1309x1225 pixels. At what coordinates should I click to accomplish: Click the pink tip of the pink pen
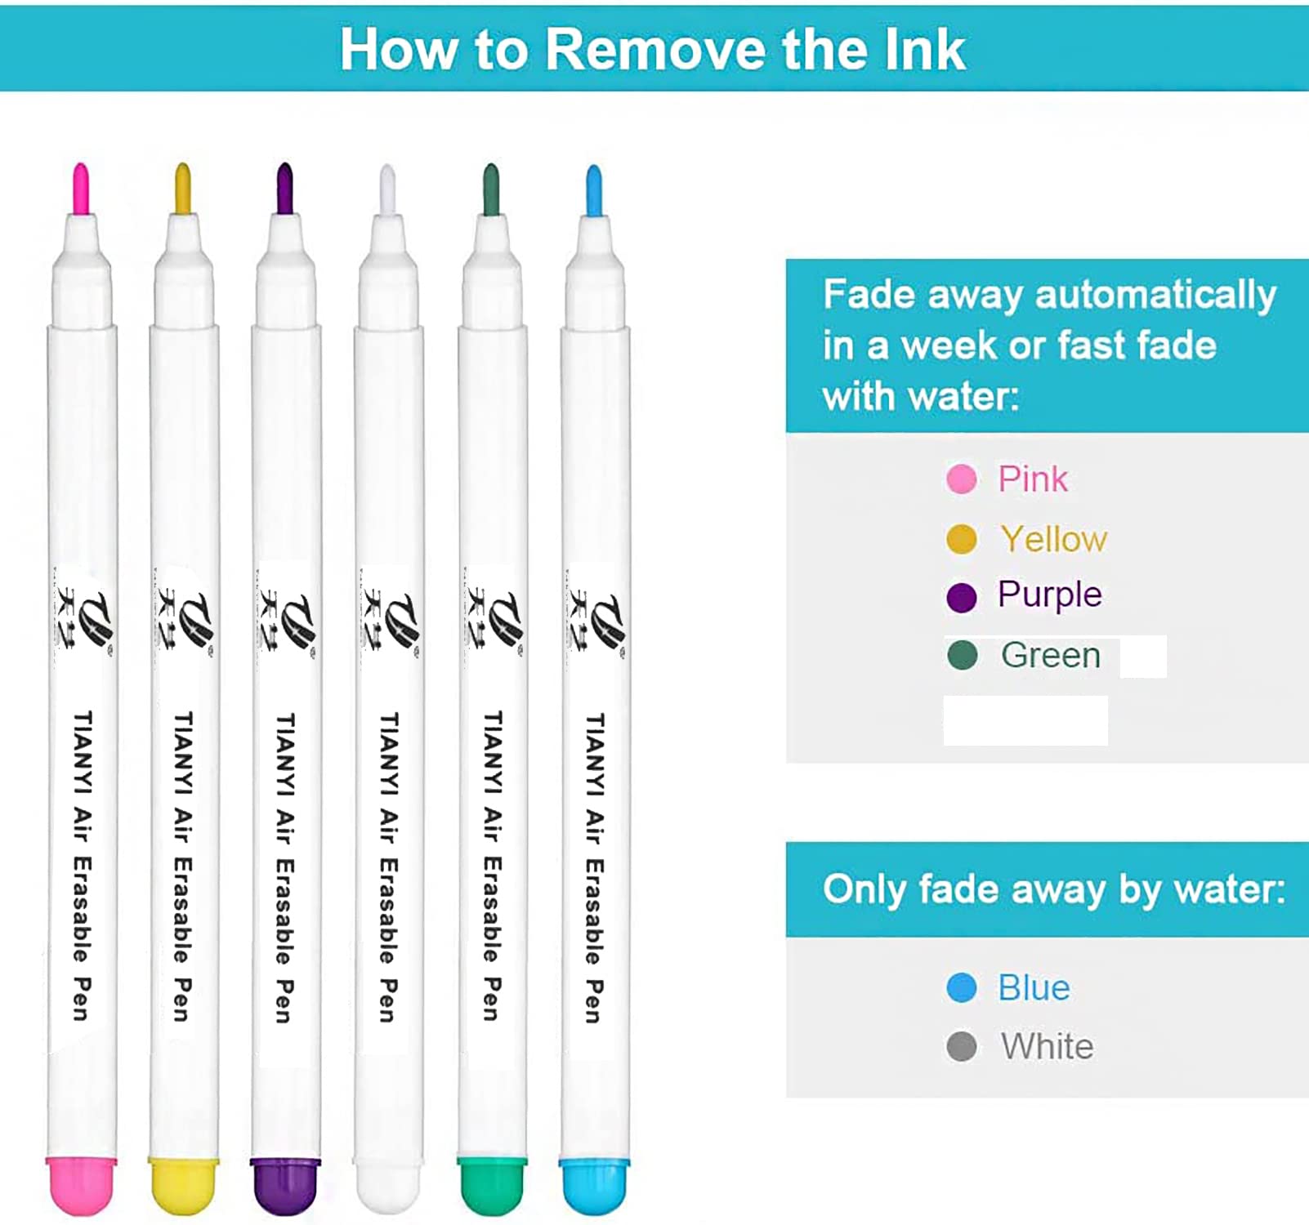pyautogui.click(x=81, y=189)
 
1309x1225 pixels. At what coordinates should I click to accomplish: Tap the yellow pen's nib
pyautogui.click(x=183, y=189)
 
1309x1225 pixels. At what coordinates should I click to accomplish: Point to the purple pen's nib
pyautogui.click(x=284, y=189)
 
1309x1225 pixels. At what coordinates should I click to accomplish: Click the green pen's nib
pyautogui.click(x=491, y=189)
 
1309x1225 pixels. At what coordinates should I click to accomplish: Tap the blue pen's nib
pyautogui.click(x=594, y=191)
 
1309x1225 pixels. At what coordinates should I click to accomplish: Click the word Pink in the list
pyautogui.click(x=1033, y=479)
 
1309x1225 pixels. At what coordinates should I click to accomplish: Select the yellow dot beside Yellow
pyautogui.click(x=962, y=540)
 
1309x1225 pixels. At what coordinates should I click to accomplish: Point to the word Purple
pyautogui.click(x=1050, y=595)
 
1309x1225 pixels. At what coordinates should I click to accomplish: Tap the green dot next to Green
pyautogui.click(x=963, y=655)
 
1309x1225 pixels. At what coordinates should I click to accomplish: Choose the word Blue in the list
pyautogui.click(x=1034, y=988)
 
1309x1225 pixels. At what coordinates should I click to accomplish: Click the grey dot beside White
pyautogui.click(x=962, y=1047)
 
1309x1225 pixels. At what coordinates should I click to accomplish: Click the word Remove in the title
pyautogui.click(x=656, y=50)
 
